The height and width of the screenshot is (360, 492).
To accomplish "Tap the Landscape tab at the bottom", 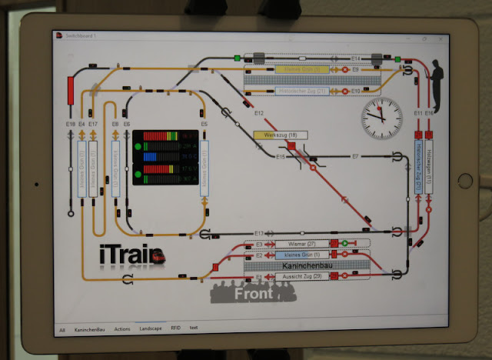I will pyautogui.click(x=151, y=328).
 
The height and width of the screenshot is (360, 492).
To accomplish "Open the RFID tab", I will pyautogui.click(x=176, y=328).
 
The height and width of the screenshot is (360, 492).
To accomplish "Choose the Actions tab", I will pyautogui.click(x=121, y=328).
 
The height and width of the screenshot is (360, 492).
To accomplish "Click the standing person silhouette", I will pyautogui.click(x=435, y=84).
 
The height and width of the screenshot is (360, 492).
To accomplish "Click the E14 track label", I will pyautogui.click(x=356, y=58).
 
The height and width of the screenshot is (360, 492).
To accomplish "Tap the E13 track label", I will pyautogui.click(x=259, y=233).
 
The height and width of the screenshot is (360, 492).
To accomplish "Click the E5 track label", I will pyautogui.click(x=204, y=123).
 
